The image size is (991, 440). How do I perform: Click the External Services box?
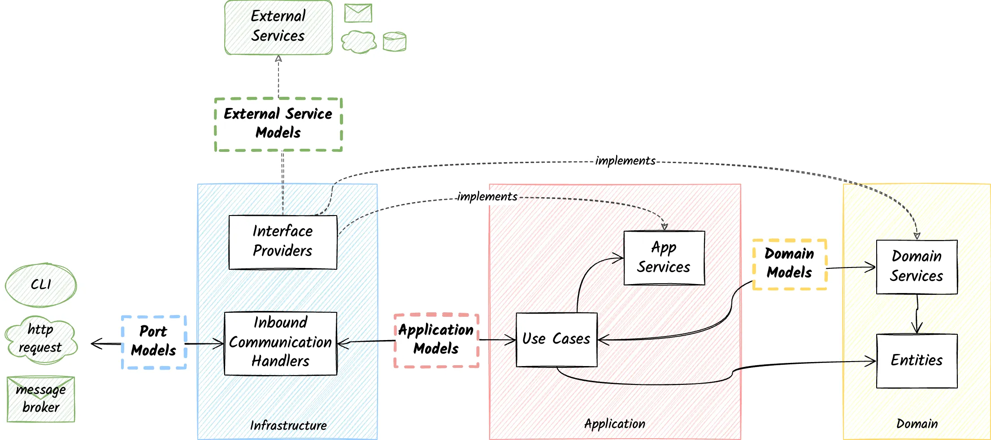point(278,27)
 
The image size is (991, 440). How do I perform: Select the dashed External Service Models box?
point(278,124)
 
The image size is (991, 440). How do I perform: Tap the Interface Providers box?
point(283,242)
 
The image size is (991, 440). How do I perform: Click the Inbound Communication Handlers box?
point(280,343)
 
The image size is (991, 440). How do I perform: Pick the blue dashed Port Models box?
point(154,342)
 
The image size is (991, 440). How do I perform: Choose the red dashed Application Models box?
point(436,340)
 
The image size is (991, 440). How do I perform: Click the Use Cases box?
point(556,340)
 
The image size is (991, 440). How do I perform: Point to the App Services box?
point(664,258)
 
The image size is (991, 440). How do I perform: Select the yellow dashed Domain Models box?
point(789,264)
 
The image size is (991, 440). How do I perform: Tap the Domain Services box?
point(917,267)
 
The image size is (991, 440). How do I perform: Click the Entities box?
point(917,361)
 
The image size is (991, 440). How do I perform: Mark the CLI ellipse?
point(41,285)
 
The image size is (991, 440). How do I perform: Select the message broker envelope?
point(41,399)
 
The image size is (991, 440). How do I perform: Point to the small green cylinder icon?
point(395,42)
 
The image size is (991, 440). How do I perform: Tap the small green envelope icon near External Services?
point(358,13)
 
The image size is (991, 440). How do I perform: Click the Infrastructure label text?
point(288,425)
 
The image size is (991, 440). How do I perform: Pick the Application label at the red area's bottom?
point(615,424)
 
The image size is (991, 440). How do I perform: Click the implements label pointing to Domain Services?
point(625,161)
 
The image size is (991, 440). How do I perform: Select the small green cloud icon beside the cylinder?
point(359,42)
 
